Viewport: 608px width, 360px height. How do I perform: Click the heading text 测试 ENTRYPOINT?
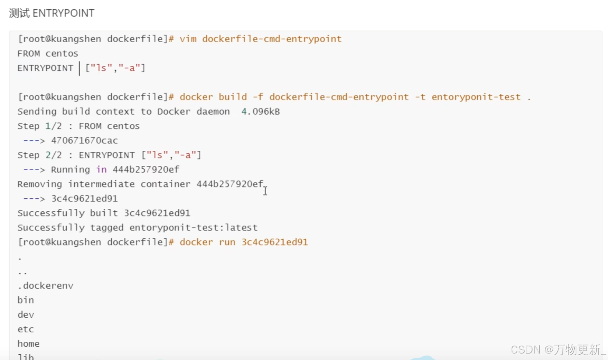coord(52,13)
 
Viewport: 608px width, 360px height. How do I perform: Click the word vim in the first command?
coord(188,39)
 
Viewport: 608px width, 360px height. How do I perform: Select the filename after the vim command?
coord(272,39)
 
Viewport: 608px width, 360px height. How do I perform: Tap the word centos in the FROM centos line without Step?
coord(62,54)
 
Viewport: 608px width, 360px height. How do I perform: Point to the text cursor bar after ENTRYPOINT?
coord(79,68)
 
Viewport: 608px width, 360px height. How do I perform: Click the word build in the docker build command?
coord(233,97)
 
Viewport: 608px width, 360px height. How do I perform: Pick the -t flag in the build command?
coord(420,97)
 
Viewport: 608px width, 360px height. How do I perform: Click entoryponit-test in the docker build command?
coord(476,97)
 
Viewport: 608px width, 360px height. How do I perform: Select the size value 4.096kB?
coord(260,112)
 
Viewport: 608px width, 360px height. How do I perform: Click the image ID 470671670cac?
coord(84,141)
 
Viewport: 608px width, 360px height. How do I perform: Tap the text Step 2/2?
coord(39,155)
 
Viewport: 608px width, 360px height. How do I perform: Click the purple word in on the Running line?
coord(101,170)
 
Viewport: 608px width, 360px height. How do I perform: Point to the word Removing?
coord(39,184)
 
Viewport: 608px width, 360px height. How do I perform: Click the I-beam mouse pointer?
coord(265,191)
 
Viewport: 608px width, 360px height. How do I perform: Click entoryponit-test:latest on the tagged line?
coord(193,228)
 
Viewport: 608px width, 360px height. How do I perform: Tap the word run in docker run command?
coord(227,242)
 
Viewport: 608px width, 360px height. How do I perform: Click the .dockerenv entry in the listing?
coord(45,286)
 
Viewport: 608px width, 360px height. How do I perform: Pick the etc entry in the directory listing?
coord(26,330)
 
